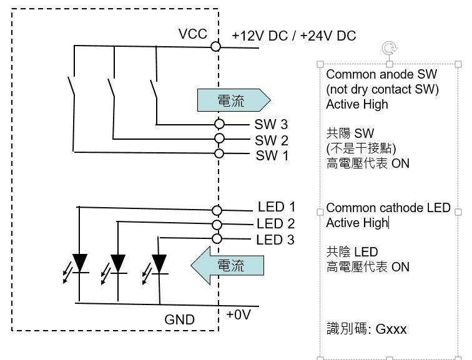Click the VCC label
[193, 34]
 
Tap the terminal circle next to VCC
[216, 46]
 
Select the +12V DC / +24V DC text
[293, 36]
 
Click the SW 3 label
[271, 124]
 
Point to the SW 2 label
[271, 140]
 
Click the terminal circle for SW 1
[219, 153]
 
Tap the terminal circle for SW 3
[219, 124]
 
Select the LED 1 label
[276, 207]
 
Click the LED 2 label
[275, 223]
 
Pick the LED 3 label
[275, 240]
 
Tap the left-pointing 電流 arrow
[228, 265]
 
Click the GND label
[179, 319]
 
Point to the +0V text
[238, 314]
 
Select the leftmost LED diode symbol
[79, 262]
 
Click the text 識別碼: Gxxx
[366, 328]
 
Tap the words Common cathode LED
[388, 208]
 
